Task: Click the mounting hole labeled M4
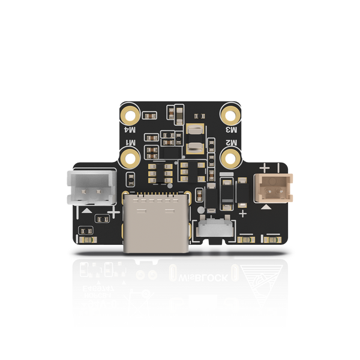[131, 113]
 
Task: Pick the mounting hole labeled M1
[131, 158]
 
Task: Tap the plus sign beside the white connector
[112, 212]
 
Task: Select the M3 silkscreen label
[231, 129]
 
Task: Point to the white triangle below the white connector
[88, 211]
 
